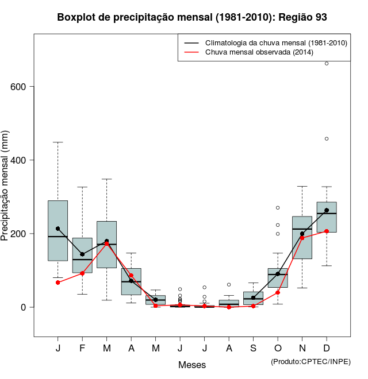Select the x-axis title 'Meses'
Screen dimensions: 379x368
point(192,365)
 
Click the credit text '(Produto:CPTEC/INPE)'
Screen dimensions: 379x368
point(310,361)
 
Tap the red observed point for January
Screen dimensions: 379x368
point(58,283)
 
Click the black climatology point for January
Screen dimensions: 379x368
point(58,229)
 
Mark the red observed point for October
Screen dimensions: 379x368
point(278,292)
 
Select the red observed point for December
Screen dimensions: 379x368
point(327,231)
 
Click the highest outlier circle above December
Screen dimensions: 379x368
point(327,64)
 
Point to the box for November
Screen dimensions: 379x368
point(302,237)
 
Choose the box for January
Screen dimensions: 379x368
point(58,230)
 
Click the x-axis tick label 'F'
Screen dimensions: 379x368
point(82,349)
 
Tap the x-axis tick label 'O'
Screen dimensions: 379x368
point(278,349)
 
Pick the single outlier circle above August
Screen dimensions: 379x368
point(229,284)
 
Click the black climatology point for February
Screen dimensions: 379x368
point(82,254)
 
